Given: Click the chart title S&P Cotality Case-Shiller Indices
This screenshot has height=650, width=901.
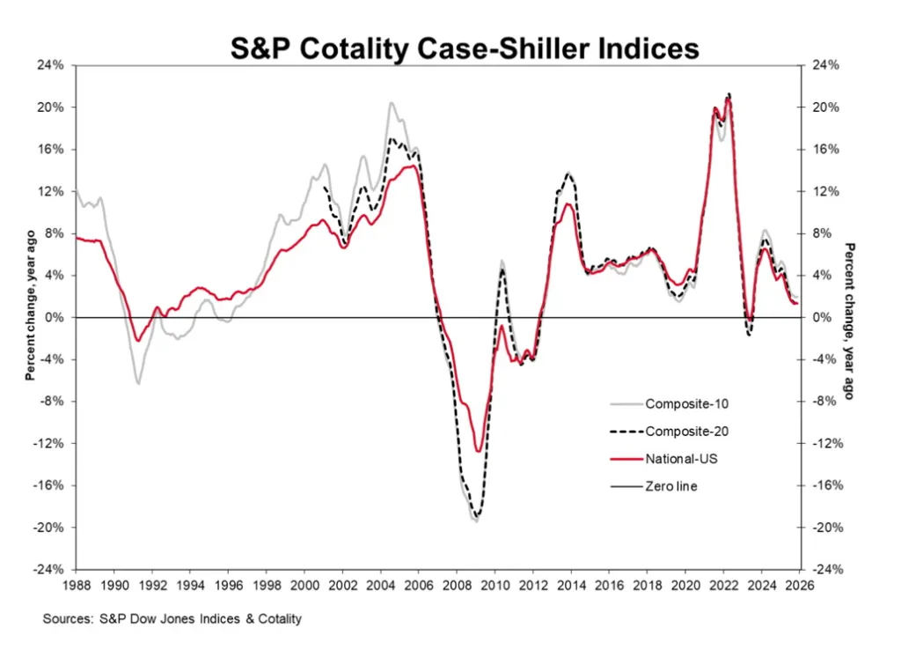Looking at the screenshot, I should (465, 48).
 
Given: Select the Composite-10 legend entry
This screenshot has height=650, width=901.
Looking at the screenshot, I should (687, 404).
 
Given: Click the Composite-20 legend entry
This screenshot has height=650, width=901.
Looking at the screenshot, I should (687, 431).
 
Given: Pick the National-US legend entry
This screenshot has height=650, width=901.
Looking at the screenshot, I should (681, 458).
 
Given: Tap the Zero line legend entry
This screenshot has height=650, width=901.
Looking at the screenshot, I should (671, 485).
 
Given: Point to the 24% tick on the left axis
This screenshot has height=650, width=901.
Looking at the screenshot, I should (52, 65).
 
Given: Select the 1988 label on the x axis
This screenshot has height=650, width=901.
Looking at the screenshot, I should (76, 583).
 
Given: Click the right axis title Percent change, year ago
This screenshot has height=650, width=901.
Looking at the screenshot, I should (849, 321).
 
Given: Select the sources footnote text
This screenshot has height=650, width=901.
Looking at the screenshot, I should (172, 619).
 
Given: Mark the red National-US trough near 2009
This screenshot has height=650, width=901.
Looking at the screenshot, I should (478, 451).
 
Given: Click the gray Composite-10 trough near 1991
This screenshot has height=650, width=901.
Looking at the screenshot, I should (138, 383).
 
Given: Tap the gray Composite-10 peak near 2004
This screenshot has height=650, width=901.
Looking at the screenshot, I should (392, 103).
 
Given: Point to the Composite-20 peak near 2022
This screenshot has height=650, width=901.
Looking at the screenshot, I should (729, 94).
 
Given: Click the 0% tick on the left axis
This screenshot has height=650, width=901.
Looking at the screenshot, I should (55, 317).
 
